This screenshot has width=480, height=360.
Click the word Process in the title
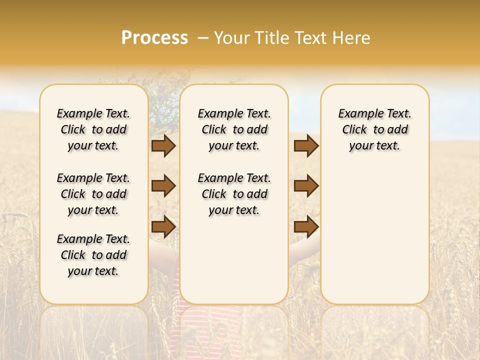click(154, 38)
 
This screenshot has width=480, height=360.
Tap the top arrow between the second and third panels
click(306, 145)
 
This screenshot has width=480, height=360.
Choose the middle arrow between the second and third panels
click(306, 186)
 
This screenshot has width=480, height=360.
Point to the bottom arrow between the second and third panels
click(306, 226)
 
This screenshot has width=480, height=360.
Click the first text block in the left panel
click(93, 129)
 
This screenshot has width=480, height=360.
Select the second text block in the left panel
click(93, 194)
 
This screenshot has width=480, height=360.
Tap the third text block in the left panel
click(93, 255)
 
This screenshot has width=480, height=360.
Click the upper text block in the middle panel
click(234, 129)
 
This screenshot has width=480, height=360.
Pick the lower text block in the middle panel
click(234, 194)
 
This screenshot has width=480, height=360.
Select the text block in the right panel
click(375, 129)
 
